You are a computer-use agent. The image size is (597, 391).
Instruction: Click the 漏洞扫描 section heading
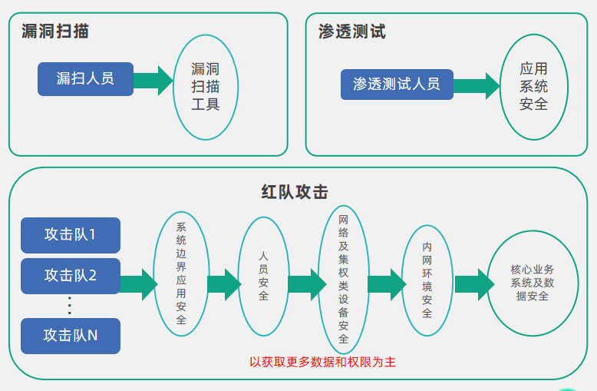tap(55, 31)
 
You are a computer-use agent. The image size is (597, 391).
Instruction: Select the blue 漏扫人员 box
tap(85, 79)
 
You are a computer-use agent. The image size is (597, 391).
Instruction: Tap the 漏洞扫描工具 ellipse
tap(206, 87)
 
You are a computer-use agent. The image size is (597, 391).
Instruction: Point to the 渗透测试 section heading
tap(352, 31)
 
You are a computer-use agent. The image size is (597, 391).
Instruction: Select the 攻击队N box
tap(71, 336)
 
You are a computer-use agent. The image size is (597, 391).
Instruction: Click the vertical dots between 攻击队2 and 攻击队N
tap(70, 305)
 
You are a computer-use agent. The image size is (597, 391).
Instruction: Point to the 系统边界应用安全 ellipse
tap(181, 273)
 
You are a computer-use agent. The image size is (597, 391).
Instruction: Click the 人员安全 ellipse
tap(263, 276)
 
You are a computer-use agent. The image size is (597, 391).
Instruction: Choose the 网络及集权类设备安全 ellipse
tap(343, 279)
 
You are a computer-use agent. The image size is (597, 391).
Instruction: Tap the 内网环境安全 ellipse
tap(427, 280)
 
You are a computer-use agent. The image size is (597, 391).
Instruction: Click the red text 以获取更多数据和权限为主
tap(322, 361)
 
